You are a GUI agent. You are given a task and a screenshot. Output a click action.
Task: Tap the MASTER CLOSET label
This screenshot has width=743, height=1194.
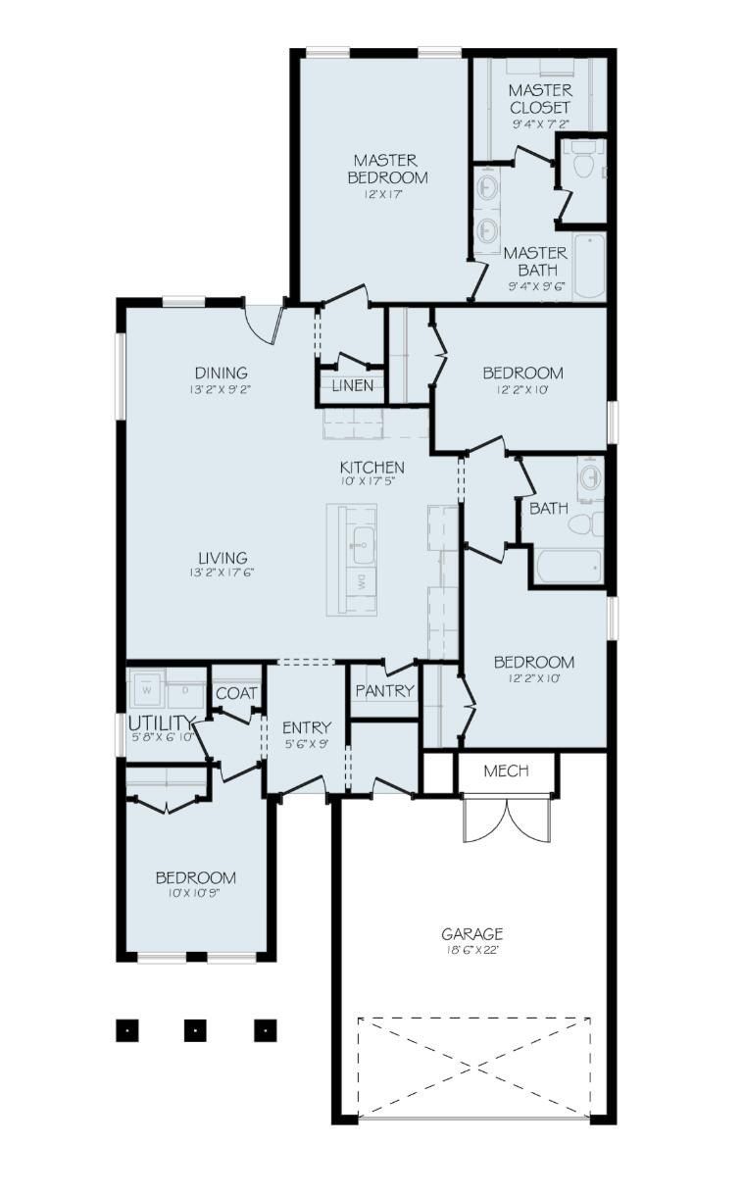(x=539, y=99)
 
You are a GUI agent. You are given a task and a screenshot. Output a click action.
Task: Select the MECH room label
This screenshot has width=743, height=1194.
(x=507, y=771)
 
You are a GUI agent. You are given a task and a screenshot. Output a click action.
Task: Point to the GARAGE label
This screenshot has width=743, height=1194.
(x=471, y=934)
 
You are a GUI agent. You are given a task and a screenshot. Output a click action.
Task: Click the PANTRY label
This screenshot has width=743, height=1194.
(x=384, y=691)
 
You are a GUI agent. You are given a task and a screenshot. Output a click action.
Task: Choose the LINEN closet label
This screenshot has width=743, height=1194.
(x=352, y=385)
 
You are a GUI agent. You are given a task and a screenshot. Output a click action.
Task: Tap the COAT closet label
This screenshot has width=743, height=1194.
(x=236, y=693)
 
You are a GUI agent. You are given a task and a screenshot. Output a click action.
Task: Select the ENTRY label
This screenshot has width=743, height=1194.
(x=306, y=727)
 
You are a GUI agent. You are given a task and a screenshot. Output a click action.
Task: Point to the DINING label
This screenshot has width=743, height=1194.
(x=221, y=373)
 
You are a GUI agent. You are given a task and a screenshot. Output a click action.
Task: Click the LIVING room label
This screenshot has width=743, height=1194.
(x=221, y=558)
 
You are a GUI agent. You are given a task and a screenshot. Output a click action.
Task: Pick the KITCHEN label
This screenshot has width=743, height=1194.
(x=371, y=467)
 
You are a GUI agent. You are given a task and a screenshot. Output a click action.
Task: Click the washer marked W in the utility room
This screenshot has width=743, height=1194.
(x=147, y=689)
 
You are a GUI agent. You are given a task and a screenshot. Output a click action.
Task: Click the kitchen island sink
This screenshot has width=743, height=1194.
(x=362, y=539)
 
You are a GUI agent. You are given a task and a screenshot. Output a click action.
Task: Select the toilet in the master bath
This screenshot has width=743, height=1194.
(x=583, y=165)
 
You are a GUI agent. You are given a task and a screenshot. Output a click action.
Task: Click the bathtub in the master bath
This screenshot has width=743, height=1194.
(x=589, y=266)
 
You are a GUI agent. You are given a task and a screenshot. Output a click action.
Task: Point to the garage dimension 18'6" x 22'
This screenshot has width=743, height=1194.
(x=471, y=951)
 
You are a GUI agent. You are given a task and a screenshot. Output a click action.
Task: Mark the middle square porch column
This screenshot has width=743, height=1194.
(x=196, y=1030)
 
